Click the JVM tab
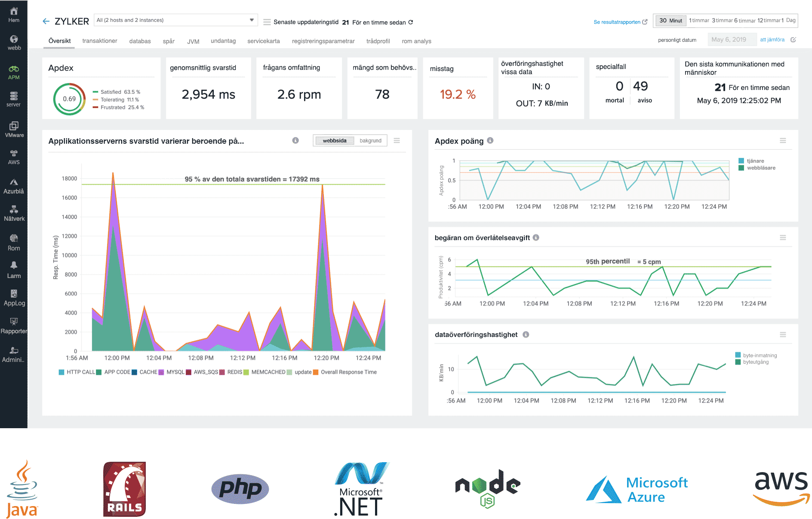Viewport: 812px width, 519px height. (x=193, y=41)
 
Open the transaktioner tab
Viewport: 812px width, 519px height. (x=100, y=41)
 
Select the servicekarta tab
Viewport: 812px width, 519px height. (x=263, y=41)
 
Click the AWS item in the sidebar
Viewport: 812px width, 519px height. (x=14, y=157)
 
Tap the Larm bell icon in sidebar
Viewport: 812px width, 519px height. (x=14, y=265)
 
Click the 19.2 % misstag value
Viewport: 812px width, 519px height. (x=458, y=94)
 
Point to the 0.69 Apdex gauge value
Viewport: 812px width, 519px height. (x=69, y=99)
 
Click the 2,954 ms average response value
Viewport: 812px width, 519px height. (x=208, y=94)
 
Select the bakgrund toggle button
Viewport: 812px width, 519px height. (x=370, y=141)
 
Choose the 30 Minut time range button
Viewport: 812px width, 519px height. (x=671, y=20)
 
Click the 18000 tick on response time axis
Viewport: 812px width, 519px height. (x=69, y=179)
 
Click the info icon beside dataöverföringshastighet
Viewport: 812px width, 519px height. (x=526, y=335)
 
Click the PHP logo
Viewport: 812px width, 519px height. (x=240, y=489)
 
